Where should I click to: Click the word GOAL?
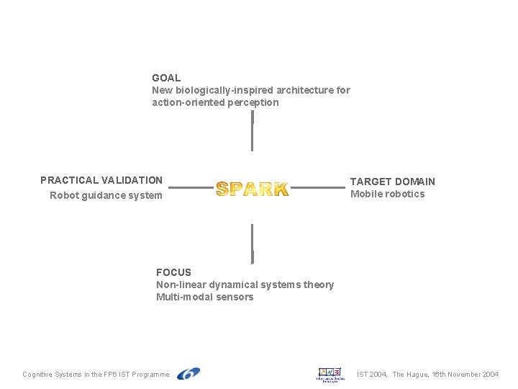(166, 78)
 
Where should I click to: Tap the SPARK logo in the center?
(252, 189)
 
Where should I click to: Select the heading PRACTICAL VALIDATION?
(101, 180)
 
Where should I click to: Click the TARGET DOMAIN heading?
(392, 182)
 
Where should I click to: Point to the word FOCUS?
(173, 272)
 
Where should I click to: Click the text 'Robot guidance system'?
(106, 195)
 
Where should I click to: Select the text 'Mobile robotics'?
(387, 194)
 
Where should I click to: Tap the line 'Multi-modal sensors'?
(204, 297)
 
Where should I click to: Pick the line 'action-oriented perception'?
(215, 102)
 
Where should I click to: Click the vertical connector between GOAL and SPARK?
(252, 131)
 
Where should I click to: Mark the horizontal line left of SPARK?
(190, 188)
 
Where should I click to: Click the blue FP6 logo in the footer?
(188, 373)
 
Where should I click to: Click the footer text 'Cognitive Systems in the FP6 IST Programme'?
(96, 375)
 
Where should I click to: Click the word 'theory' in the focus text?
(319, 285)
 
